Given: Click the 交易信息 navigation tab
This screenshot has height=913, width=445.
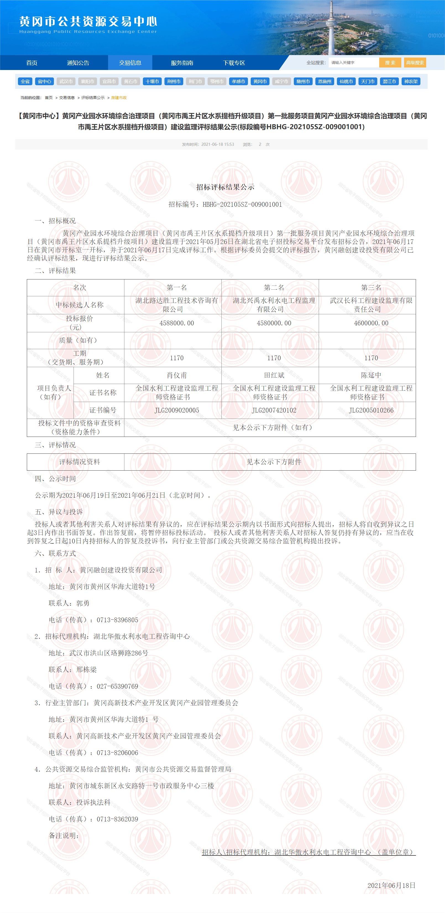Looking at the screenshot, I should [x=130, y=63].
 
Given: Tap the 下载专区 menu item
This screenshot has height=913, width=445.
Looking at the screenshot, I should [x=234, y=63].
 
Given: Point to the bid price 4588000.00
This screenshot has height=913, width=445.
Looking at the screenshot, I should [x=177, y=323].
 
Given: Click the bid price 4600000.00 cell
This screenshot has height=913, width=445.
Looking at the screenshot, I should [x=371, y=323].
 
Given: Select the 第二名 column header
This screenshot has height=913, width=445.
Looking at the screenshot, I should [x=274, y=288].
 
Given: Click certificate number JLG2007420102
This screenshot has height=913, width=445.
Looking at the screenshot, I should [x=274, y=410].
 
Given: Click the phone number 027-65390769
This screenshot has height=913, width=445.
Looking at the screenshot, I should [x=117, y=686].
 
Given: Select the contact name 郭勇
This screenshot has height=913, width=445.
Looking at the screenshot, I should [x=83, y=603].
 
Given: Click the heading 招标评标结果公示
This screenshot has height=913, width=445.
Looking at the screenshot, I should [x=225, y=187].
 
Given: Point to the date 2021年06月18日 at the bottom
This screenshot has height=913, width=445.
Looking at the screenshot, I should [x=391, y=885].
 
